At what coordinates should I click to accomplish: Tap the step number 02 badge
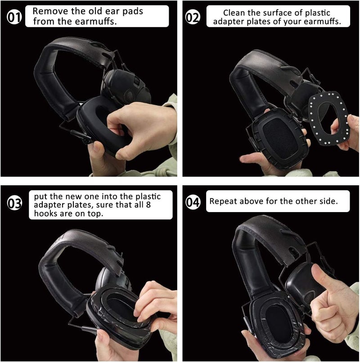193,18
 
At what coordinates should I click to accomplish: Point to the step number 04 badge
193,203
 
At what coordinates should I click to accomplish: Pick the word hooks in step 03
43,214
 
